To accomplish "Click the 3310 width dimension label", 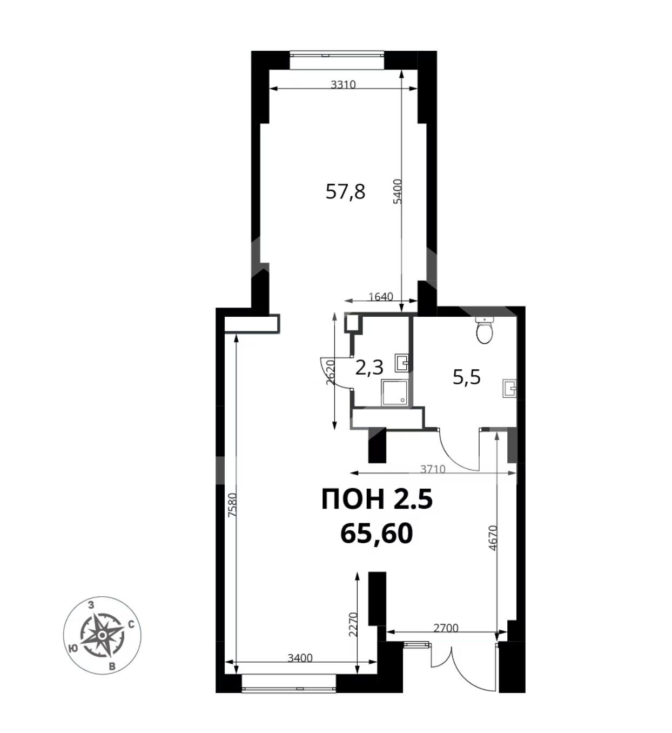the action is (x=343, y=85).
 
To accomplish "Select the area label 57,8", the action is (x=345, y=191).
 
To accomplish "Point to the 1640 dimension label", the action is (x=381, y=296).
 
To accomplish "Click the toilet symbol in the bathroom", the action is (x=485, y=329).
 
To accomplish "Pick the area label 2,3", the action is (x=369, y=368).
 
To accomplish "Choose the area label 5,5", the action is (x=467, y=377).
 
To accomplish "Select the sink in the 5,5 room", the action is (x=509, y=388).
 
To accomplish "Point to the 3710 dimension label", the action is (x=433, y=469).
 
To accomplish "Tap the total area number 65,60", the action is (x=377, y=534).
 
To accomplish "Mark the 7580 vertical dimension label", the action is (x=232, y=505).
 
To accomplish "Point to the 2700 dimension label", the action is (x=446, y=629).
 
